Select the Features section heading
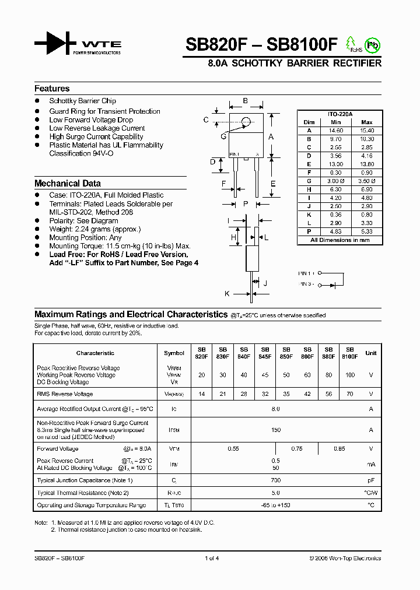point(52,89)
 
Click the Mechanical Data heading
point(68,183)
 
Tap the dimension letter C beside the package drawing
point(206,120)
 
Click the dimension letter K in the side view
point(228,293)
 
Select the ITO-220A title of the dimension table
point(339,114)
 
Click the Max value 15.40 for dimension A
point(366,131)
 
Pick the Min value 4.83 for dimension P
point(335,231)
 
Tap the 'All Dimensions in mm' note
point(339,240)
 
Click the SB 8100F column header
point(349,353)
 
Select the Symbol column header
point(174,353)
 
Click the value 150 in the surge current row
point(276,430)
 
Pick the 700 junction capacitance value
point(276,480)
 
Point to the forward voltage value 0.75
point(296,449)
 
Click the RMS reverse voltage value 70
point(349,394)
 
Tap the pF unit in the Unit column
point(370,480)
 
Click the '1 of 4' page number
point(212,559)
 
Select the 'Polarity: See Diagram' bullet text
point(83,221)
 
